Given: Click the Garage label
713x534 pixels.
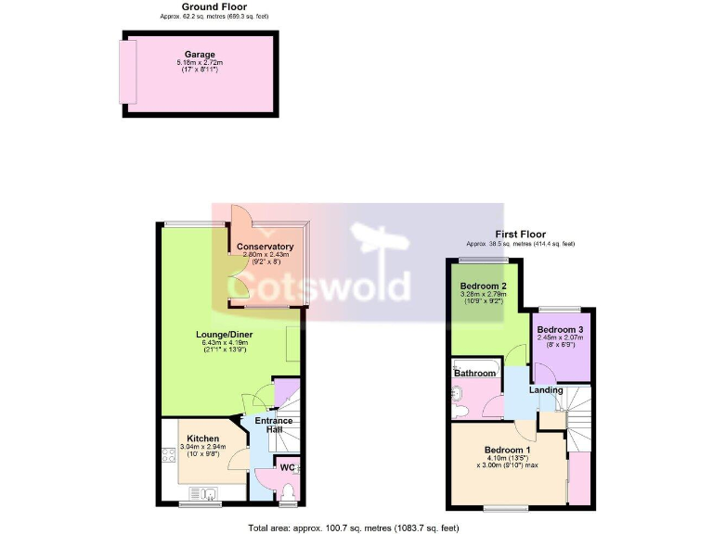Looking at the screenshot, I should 200,55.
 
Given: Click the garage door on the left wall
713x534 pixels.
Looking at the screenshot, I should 127,72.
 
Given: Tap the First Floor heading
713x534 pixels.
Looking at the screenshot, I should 520,235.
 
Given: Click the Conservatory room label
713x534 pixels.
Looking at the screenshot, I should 267,247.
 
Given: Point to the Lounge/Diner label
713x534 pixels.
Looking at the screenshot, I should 225,334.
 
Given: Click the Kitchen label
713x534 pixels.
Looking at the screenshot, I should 202,439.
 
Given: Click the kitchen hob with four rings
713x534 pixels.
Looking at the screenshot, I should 168,455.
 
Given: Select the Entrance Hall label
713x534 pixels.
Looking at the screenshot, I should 274,426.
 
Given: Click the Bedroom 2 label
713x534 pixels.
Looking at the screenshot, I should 483,286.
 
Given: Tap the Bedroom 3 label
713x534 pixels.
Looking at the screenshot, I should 560,330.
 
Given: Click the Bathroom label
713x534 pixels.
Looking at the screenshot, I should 475,373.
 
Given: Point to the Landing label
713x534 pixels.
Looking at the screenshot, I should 546,390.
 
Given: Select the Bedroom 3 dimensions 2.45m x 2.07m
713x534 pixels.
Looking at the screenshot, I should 560,339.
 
